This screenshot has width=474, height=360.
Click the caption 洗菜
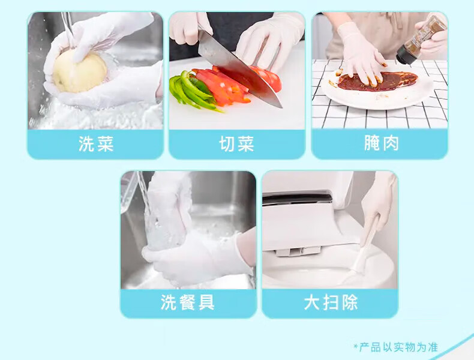(96, 143)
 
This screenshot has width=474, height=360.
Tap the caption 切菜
(236, 143)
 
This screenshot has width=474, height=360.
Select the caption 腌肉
(382, 143)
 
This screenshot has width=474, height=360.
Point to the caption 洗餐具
(188, 302)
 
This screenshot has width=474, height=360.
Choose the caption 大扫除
(331, 302)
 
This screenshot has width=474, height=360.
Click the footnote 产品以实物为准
(399, 347)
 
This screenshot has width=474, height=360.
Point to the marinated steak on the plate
(378, 81)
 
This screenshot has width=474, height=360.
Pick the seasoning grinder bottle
(422, 40)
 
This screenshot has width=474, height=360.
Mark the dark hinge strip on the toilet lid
(297, 198)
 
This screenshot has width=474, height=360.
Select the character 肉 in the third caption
(391, 143)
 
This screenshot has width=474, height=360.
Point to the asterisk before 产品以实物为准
(356, 346)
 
